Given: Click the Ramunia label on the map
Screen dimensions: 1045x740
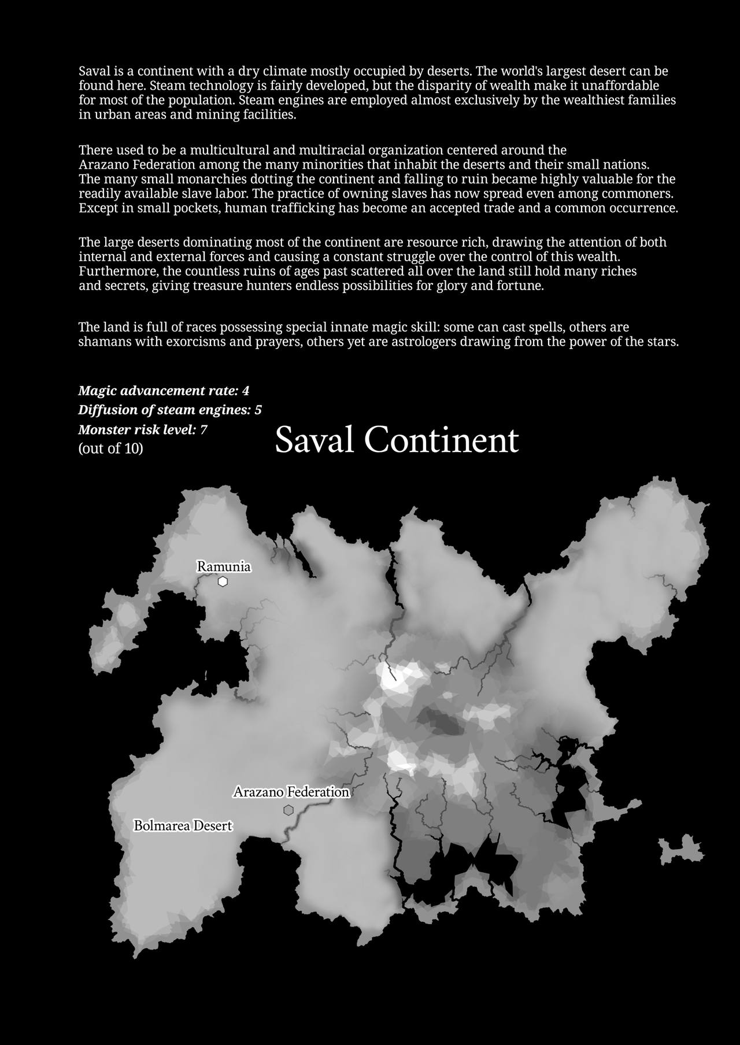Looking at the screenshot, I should pos(224,566).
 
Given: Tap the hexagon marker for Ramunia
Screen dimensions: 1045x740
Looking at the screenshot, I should pos(223,581).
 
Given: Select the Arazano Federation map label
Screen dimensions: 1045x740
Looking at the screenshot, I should pos(291,792).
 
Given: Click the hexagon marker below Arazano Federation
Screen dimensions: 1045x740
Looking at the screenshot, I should pos(288,810).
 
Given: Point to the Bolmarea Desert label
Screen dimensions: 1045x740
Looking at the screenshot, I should pos(183,826).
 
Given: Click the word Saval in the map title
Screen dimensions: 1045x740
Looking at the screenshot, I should pos(314,440).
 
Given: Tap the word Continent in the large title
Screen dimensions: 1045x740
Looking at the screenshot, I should pos(442,440).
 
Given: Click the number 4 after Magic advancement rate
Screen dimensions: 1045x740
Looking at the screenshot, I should pos(246,391).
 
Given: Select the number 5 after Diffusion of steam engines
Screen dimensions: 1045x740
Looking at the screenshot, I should pos(258,410).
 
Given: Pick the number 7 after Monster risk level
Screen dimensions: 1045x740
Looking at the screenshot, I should pos(203,430).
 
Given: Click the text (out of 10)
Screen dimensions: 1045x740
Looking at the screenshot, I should pos(110,449).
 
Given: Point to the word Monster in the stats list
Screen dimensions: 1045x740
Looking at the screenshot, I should pos(104,430).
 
